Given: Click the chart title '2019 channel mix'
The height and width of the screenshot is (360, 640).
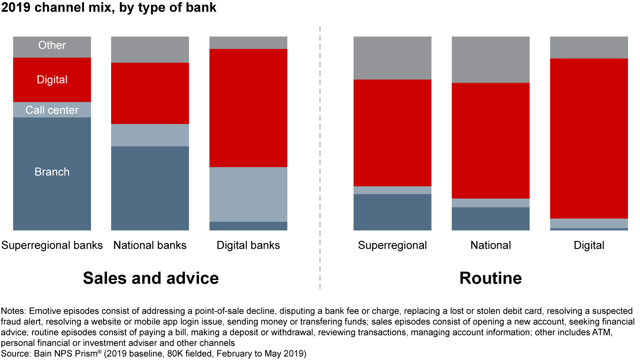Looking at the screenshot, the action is click(56, 7).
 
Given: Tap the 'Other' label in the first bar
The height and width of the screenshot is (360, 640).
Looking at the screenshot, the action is click(52, 45).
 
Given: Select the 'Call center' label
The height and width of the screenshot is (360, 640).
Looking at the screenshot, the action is click(52, 110).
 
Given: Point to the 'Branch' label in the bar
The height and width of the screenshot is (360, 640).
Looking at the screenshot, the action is click(52, 172).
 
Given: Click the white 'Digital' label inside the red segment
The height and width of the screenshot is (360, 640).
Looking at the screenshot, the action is click(52, 80).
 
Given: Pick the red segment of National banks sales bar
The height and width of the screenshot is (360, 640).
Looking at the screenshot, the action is click(150, 93).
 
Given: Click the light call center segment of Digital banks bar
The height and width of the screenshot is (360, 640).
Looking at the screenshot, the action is click(248, 195).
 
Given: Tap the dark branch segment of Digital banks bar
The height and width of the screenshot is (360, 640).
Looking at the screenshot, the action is click(248, 226).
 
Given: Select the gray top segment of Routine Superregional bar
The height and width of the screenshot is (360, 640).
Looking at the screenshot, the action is click(392, 58).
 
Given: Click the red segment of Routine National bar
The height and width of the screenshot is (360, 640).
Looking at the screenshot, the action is click(491, 141).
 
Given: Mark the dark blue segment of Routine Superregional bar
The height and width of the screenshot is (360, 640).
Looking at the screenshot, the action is click(392, 212).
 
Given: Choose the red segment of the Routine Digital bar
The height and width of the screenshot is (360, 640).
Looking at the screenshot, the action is click(589, 139).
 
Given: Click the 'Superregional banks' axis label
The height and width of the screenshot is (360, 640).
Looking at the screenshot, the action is click(52, 245).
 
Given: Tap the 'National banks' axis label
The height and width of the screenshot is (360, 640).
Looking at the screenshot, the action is click(150, 245).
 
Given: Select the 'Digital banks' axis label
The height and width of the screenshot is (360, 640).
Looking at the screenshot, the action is click(248, 245).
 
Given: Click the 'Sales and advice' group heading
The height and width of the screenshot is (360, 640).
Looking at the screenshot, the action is click(151, 278).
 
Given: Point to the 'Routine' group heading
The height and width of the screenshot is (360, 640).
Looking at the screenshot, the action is click(491, 278).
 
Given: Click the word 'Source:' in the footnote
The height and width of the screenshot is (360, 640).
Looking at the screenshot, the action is click(16, 354).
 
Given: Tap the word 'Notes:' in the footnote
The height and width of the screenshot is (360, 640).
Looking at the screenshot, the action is click(13, 311).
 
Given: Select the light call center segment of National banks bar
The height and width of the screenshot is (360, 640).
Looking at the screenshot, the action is click(150, 135).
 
